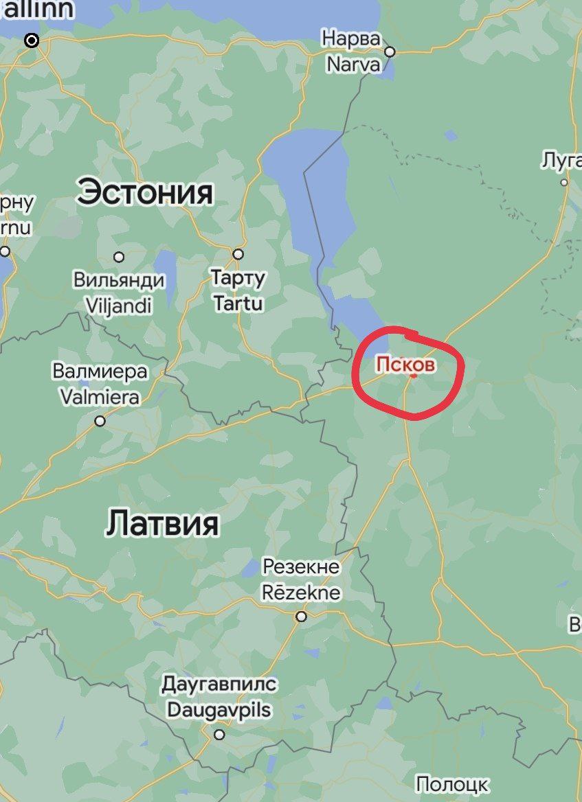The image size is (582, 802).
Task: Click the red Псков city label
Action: coord(405,364)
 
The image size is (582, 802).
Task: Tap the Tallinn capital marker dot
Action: coord(32,41)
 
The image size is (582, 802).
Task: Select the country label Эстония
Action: coord(145,192)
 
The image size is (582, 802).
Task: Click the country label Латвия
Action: coord(162,524)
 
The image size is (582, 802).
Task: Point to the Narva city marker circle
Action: coord(390,51)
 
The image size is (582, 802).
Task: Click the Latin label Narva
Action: coord(352,65)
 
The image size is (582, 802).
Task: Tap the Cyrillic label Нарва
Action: coord(350,38)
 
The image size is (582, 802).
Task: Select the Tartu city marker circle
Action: coord(238,254)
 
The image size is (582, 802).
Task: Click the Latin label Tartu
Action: coord(238,303)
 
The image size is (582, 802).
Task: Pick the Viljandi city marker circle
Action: coord(119,257)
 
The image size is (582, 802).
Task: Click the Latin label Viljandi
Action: coord(119,304)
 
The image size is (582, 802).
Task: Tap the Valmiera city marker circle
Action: coord(100,421)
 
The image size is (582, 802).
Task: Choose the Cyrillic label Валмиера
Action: coord(100,371)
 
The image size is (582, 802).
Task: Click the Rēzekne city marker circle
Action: coord(301,617)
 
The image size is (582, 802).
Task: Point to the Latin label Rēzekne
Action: coord(302,592)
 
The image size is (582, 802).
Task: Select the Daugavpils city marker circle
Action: coord(219,735)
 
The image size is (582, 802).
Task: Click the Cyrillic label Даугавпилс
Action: coord(219,685)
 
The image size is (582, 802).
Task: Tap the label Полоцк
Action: coord(452,784)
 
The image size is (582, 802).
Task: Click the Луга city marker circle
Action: coord(564,183)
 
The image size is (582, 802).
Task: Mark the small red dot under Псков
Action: coord(413,376)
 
